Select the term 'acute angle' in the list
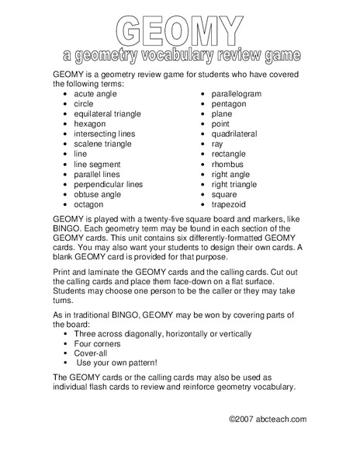click(95, 93)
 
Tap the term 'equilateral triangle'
click(108, 113)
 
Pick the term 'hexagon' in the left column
click(90, 123)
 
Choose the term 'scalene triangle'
click(102, 144)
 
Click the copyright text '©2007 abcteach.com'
click(267, 419)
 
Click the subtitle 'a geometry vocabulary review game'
click(179, 56)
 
